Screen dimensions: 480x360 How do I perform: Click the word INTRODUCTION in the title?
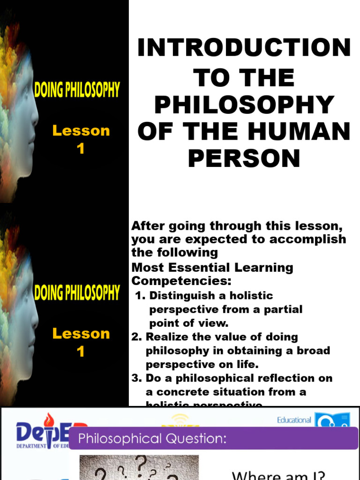click(244, 48)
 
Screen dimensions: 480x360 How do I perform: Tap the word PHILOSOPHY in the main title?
click(244, 105)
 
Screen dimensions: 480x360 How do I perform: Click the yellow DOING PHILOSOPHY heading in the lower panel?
click(77, 293)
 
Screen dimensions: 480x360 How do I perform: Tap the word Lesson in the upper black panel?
click(81, 131)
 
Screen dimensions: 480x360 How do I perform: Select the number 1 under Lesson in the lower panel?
click(81, 351)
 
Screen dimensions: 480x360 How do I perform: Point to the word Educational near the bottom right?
click(294, 420)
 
